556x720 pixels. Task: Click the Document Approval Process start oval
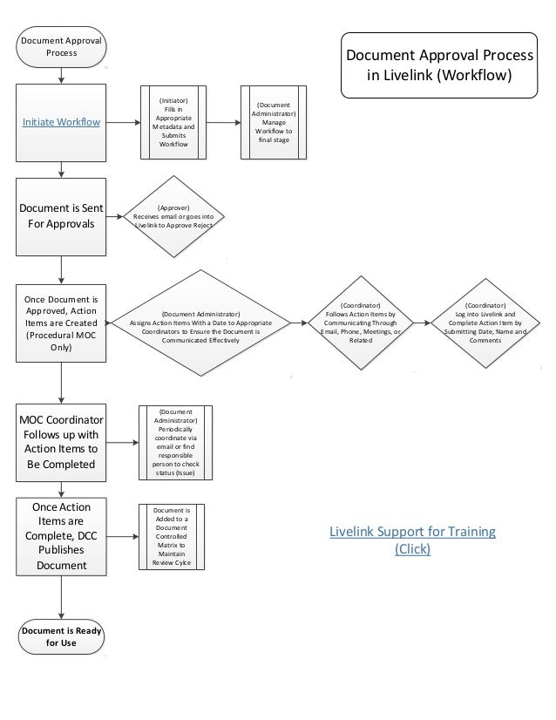61,46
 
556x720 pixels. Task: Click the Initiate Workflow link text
61,123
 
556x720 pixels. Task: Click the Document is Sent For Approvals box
61,215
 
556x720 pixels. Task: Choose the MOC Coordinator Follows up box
61,441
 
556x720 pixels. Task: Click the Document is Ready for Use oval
61,637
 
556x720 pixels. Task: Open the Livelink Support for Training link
412,540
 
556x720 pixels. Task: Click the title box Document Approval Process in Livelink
440,64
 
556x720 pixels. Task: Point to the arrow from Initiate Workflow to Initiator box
123,123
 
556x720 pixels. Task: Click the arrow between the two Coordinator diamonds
423,323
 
